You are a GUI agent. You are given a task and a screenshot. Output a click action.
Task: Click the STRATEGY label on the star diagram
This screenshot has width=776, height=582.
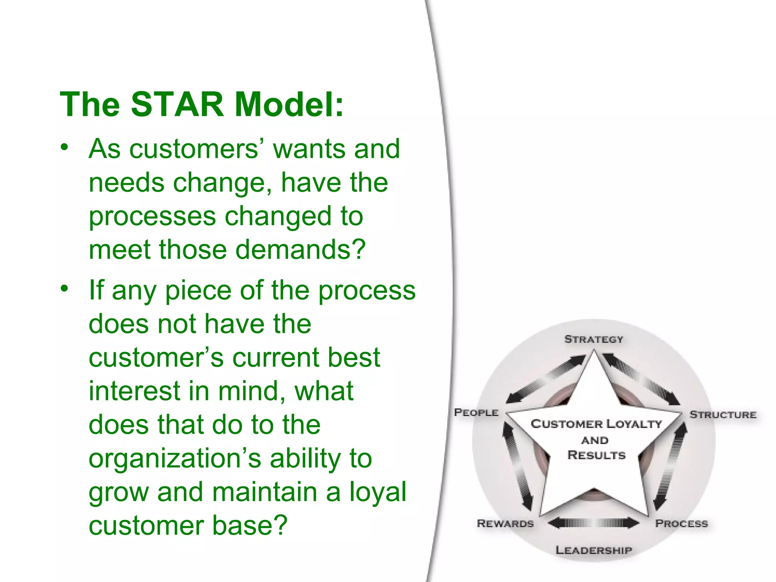[593, 339]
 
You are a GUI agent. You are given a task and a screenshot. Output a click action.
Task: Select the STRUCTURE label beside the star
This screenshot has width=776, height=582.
[723, 415]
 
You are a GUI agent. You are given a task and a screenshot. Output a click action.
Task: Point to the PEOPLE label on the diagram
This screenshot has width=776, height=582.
[476, 412]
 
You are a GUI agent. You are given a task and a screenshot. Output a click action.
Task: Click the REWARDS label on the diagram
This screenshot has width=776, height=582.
[505, 524]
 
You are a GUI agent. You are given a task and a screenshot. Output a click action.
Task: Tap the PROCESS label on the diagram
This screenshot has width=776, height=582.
[681, 524]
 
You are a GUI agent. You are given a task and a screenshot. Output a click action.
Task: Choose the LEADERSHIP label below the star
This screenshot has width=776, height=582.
[593, 550]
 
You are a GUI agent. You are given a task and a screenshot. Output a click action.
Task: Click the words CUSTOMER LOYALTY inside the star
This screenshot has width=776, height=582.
[596, 424]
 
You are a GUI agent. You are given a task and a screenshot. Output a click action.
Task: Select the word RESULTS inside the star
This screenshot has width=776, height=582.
[596, 455]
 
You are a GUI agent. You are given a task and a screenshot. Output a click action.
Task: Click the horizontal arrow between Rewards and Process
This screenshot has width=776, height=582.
[593, 523]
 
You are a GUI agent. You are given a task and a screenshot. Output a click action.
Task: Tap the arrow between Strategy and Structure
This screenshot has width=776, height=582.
[641, 379]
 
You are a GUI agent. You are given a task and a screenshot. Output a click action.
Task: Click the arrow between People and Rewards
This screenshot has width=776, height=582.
[517, 466]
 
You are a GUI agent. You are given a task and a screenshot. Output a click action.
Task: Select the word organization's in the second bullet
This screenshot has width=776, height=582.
[175, 458]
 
